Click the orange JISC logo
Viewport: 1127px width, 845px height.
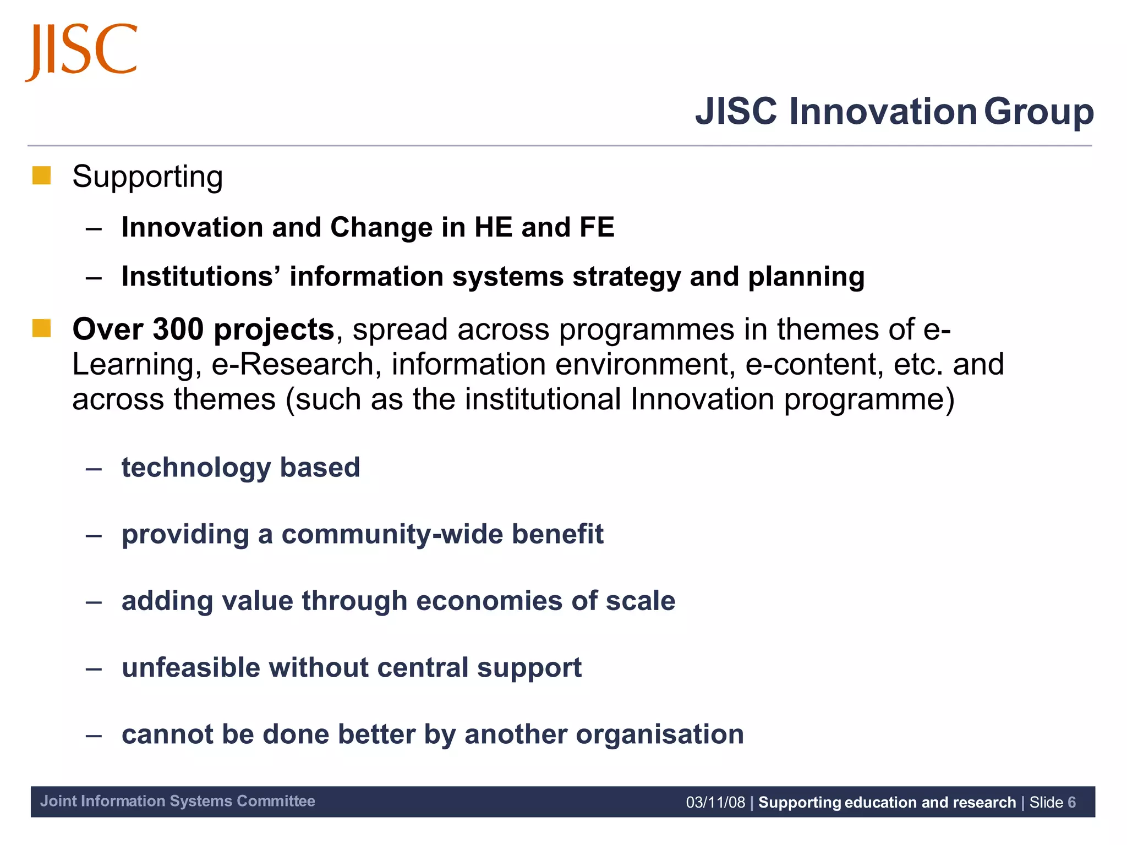[81, 51]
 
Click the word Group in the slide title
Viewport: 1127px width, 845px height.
[1038, 112]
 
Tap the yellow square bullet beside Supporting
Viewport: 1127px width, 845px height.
[42, 176]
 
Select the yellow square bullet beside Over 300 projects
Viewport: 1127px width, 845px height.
[42, 328]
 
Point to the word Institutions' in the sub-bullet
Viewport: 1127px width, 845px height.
[201, 276]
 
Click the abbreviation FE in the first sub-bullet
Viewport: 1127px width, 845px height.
[597, 227]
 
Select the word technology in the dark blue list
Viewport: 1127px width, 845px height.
[195, 468]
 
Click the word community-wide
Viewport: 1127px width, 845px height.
[392, 534]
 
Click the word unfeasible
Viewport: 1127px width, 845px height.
[190, 668]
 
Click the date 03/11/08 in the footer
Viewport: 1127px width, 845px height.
[715, 803]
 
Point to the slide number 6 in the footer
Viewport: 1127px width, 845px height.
[1071, 803]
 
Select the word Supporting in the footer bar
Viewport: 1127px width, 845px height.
[800, 803]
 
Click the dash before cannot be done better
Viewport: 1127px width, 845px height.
[94, 736]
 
